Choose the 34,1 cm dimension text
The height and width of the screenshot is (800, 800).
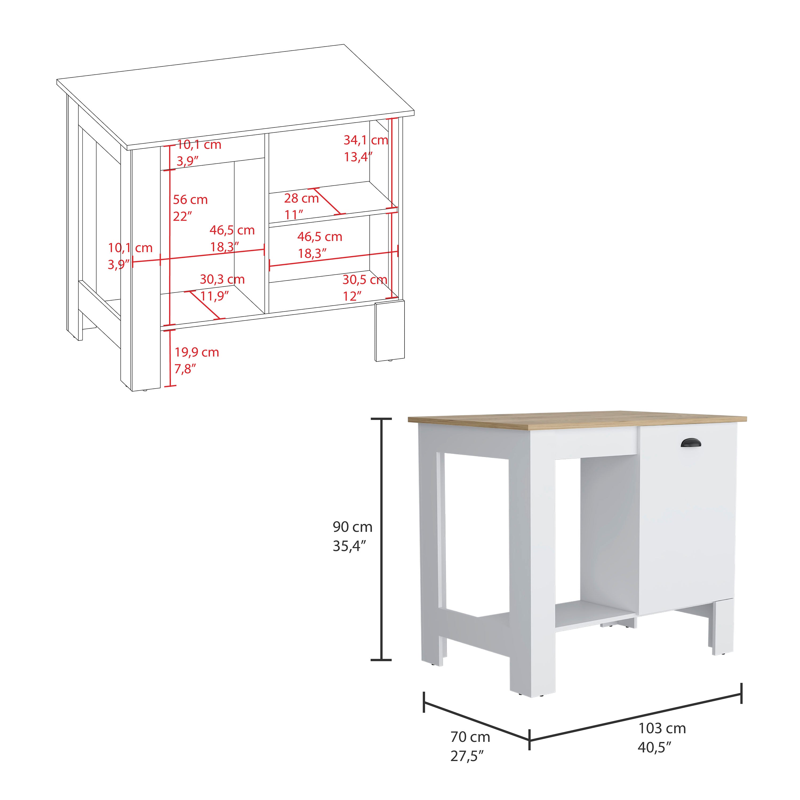(x=365, y=140)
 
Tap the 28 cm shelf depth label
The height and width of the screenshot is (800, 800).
(x=301, y=198)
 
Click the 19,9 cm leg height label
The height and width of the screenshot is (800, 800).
(x=196, y=352)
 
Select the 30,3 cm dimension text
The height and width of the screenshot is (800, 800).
(x=222, y=279)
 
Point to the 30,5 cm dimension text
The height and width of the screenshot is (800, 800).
(x=364, y=280)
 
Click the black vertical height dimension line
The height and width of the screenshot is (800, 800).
(x=381, y=538)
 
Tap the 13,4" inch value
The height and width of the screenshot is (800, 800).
(x=358, y=157)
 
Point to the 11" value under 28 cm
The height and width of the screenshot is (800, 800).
(x=294, y=215)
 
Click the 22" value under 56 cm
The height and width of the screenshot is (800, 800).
(x=182, y=216)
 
